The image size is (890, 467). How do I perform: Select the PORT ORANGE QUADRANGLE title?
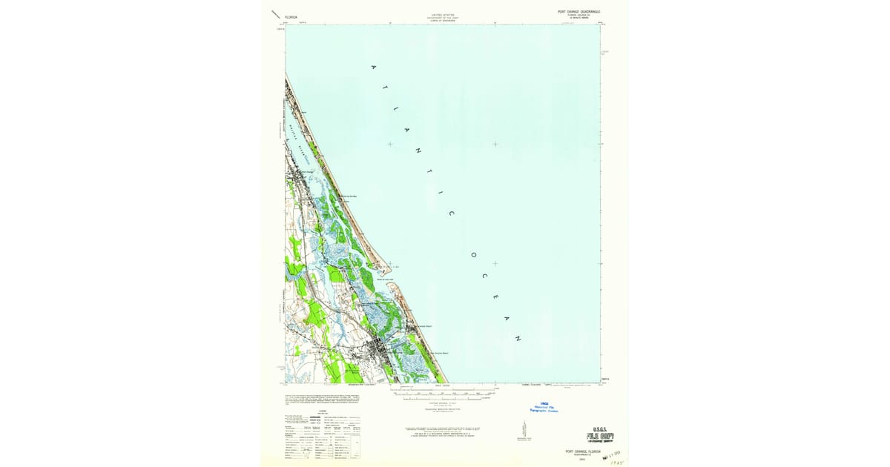click(x=578, y=12)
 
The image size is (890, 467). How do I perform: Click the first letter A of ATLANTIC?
click(x=373, y=67)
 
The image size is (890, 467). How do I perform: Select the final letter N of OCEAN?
click(x=517, y=338)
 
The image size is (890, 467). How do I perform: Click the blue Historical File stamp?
click(x=543, y=407)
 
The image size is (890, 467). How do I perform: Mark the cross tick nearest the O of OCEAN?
click(x=495, y=263)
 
